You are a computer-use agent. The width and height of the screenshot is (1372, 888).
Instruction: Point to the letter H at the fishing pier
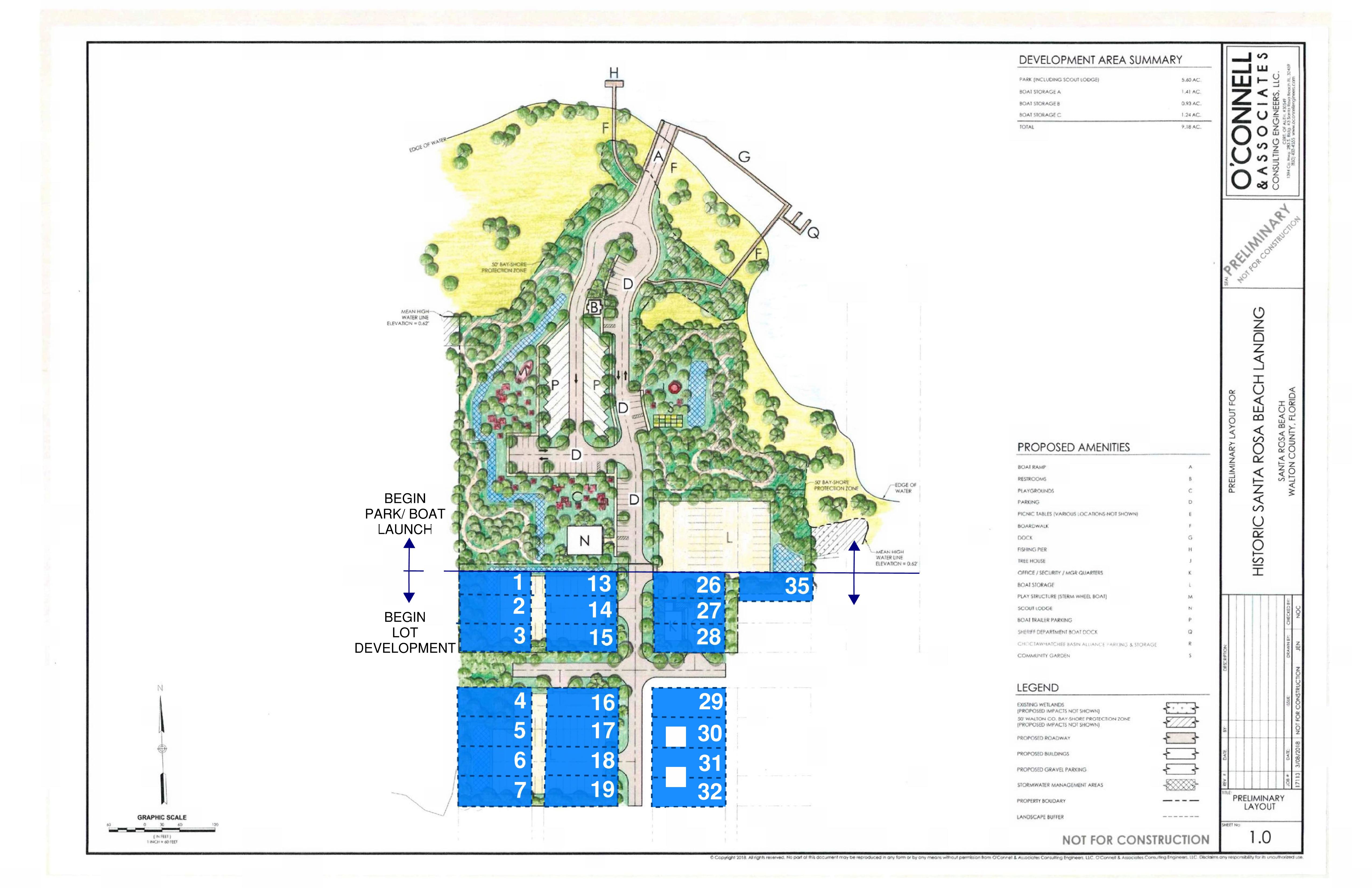(614, 73)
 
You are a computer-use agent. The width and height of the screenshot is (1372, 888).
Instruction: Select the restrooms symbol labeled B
(594, 307)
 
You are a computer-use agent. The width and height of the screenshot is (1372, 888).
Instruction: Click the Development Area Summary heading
(1100, 60)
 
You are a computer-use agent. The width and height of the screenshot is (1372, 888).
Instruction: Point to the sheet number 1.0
(1260, 837)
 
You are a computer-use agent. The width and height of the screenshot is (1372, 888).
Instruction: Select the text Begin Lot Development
(405, 633)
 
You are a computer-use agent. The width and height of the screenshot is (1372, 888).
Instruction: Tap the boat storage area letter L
(729, 538)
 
